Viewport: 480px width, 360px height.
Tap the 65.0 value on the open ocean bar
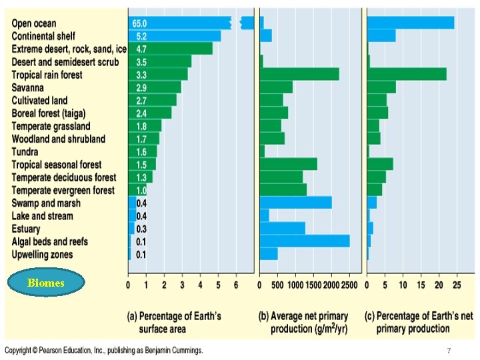[141, 23]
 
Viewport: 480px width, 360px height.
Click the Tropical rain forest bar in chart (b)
[299, 74]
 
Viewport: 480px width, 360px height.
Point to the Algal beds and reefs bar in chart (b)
[305, 241]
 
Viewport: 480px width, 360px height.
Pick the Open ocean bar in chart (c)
[411, 23]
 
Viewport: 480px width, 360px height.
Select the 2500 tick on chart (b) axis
[349, 285]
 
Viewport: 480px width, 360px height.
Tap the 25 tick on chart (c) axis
[457, 285]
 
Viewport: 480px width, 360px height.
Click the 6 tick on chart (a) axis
[237, 285]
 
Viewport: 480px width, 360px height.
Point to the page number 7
[449, 350]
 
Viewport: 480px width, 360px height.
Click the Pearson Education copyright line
[103, 350]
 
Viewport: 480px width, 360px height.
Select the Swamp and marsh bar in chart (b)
[295, 203]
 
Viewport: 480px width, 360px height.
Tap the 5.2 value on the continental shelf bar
[141, 36]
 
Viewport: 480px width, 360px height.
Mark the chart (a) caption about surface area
[175, 322]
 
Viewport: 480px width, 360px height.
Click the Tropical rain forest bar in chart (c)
[407, 74]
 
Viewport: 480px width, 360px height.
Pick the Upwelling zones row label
[43, 254]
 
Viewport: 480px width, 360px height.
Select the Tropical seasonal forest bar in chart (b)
[288, 164]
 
